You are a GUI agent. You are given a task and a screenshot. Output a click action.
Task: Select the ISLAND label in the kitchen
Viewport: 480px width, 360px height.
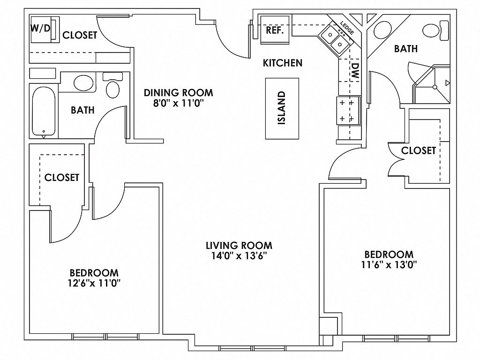(x=282, y=108)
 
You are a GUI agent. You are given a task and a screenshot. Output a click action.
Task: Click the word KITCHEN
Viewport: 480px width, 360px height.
(x=282, y=62)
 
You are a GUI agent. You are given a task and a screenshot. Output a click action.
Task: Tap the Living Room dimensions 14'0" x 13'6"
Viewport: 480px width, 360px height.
(x=239, y=256)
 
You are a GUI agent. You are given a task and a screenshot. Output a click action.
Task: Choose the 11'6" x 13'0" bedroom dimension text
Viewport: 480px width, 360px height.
(x=389, y=264)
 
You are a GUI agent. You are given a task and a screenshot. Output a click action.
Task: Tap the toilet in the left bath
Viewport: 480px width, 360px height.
(x=112, y=87)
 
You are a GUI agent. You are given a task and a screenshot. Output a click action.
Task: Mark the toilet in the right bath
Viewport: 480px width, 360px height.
(x=433, y=30)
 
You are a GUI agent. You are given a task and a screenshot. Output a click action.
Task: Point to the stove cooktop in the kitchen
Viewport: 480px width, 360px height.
(x=347, y=110)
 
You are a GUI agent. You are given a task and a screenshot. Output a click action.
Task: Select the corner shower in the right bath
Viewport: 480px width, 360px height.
(x=434, y=87)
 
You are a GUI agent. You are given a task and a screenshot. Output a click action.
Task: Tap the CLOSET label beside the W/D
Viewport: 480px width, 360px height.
(x=80, y=35)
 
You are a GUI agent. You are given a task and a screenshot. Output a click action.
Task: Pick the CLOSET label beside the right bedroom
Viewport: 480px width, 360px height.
(x=419, y=150)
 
